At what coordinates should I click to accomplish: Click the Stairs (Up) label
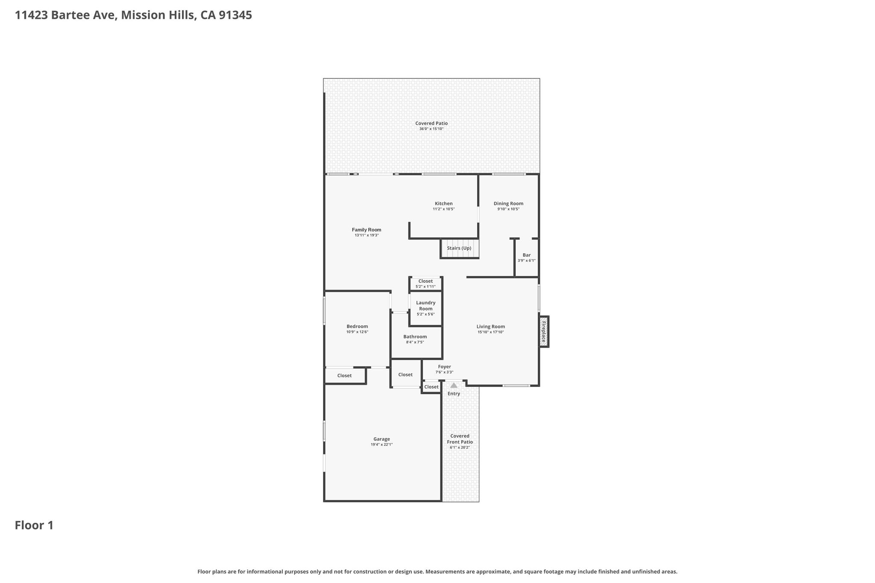459,248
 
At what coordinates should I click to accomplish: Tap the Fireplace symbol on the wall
544,332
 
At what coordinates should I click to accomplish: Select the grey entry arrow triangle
454,385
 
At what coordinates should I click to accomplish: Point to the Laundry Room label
426,305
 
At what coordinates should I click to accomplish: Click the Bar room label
526,255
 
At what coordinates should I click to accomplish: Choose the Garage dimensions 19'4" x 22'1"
382,445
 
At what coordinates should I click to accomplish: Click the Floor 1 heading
34,525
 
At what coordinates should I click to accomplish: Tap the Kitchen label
443,203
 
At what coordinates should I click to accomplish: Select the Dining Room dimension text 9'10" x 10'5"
508,209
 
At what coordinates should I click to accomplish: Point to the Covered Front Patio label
460,439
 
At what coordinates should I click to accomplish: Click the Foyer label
444,366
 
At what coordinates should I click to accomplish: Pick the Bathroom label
415,337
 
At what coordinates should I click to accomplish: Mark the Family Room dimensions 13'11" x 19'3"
367,235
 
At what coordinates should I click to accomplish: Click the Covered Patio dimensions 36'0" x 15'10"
432,129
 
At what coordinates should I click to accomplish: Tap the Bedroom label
357,326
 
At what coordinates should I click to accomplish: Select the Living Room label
491,326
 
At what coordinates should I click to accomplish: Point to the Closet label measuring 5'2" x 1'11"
426,281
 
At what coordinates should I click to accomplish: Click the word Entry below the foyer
454,393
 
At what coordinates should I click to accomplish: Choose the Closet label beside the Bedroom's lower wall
344,375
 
